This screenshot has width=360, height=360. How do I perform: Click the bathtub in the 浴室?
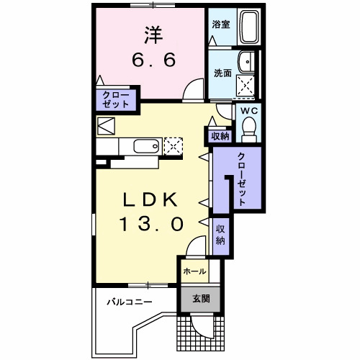click(249, 27)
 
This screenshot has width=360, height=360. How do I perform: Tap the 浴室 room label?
click(221, 24)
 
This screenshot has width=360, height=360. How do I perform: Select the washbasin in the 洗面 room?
click(246, 62)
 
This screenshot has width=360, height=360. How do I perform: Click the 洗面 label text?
click(222, 73)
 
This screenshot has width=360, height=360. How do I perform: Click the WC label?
click(249, 111)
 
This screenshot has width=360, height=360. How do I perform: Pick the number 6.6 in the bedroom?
click(154, 60)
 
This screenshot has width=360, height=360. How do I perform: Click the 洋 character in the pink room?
click(154, 35)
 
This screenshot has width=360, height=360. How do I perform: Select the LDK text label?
click(150, 199)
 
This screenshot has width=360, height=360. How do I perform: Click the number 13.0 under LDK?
click(151, 224)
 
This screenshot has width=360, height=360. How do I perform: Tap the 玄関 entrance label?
click(201, 299)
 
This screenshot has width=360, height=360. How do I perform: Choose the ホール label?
click(194, 271)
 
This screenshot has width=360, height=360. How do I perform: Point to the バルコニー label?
click(130, 302)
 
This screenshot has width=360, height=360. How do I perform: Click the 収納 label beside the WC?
click(220, 136)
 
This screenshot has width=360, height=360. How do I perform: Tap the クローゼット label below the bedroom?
click(116, 100)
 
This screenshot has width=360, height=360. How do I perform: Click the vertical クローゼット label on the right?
click(242, 179)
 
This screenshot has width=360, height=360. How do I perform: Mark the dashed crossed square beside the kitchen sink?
click(173, 146)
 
